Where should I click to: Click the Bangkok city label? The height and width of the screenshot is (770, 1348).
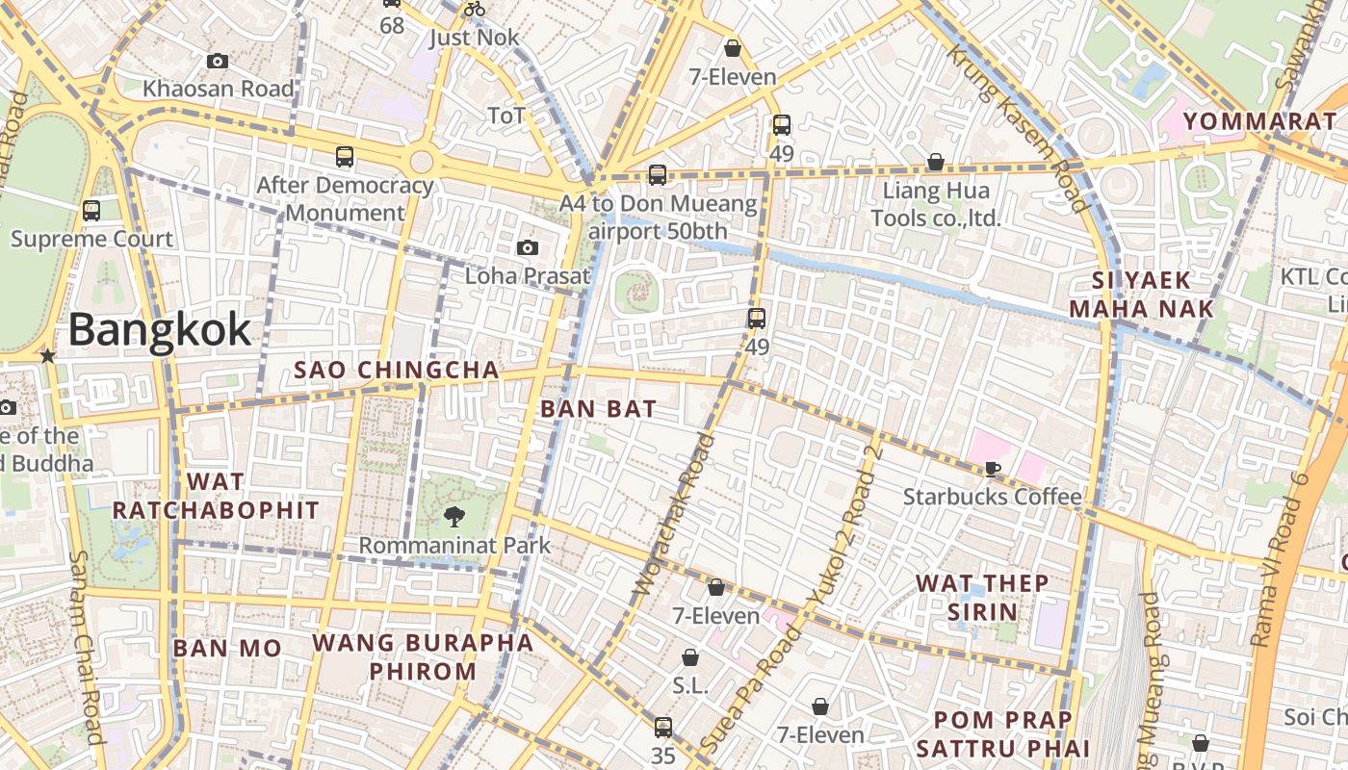coord(160,330)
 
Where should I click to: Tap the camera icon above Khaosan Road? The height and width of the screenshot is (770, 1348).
coord(218,61)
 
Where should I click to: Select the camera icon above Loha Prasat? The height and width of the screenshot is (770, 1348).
coord(527,247)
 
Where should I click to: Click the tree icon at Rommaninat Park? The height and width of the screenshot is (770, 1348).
coord(454,517)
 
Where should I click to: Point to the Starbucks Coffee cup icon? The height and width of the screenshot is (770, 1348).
coord(992,469)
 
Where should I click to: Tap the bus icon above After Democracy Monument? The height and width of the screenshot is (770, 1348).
coord(344,156)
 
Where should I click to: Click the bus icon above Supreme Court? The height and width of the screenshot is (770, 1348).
coord(91,210)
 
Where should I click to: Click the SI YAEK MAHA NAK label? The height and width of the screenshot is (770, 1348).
coord(1142,295)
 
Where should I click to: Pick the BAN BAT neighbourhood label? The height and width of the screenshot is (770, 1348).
coord(598,408)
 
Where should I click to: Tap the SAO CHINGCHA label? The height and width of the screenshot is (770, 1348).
coord(397,370)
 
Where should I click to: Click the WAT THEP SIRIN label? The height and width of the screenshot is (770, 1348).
coord(982,597)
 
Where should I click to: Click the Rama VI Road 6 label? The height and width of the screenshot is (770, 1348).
coord(1284,558)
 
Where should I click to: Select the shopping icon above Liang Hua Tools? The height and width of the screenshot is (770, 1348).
coord(935,162)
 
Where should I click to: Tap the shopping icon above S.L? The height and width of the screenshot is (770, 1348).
coord(690,658)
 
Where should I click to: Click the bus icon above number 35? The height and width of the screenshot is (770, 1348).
coord(662,727)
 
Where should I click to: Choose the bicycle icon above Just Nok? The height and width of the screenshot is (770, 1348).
coord(475,10)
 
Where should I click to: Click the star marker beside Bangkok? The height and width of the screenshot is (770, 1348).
coord(47,356)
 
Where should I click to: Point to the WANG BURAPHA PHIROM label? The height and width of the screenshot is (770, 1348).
coord(423,656)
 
